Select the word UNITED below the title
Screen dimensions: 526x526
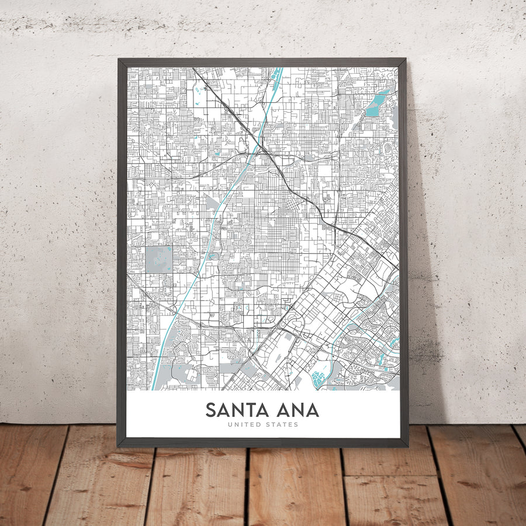tap(244, 424)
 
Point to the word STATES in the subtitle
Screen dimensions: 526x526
tap(283, 424)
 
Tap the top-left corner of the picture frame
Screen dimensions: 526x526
tap(119, 59)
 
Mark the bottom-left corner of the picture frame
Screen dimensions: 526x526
tap(119, 446)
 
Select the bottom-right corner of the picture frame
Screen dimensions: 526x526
tap(407, 446)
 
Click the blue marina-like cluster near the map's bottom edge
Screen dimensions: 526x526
tap(318, 379)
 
